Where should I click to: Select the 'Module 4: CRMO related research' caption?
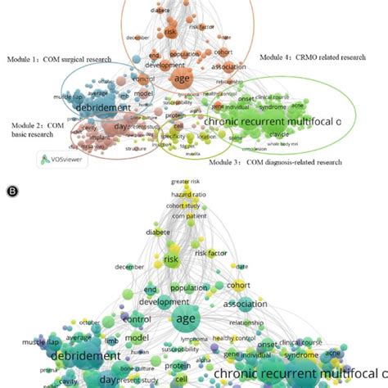pyautogui.click(x=303, y=57)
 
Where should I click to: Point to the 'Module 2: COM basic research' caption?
pyautogui.click(x=36, y=129)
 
